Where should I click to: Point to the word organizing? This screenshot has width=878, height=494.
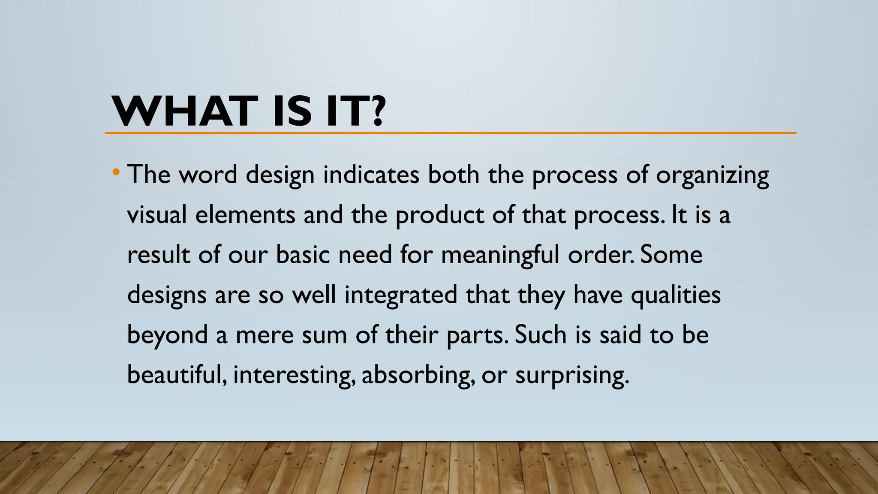click(x=712, y=176)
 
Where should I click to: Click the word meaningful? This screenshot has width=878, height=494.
click(x=500, y=255)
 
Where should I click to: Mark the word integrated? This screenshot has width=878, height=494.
click(x=401, y=295)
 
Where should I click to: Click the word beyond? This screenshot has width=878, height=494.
click(x=168, y=335)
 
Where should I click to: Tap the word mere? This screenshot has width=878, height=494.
click(x=265, y=335)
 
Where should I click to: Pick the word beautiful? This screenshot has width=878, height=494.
click(x=177, y=375)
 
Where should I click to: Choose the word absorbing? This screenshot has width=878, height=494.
click(x=418, y=376)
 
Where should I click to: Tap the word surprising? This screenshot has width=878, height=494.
click(x=572, y=376)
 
